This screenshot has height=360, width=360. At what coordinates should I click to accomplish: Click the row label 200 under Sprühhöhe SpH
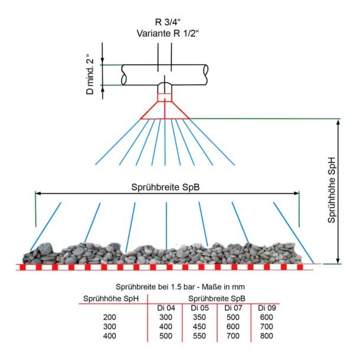pyautogui.click(x=109, y=317)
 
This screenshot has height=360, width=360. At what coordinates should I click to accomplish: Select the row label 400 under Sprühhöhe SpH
pyautogui.click(x=109, y=336)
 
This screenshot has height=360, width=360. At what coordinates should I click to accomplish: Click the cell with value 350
pyautogui.click(x=199, y=317)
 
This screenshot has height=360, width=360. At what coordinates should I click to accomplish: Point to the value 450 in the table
pyautogui.click(x=199, y=326)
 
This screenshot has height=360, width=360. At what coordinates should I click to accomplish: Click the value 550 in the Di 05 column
pyautogui.click(x=199, y=336)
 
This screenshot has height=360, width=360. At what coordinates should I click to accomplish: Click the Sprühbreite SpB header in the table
pyautogui.click(x=216, y=298)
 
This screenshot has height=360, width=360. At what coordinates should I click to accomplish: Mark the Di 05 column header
pyautogui.click(x=199, y=307)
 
